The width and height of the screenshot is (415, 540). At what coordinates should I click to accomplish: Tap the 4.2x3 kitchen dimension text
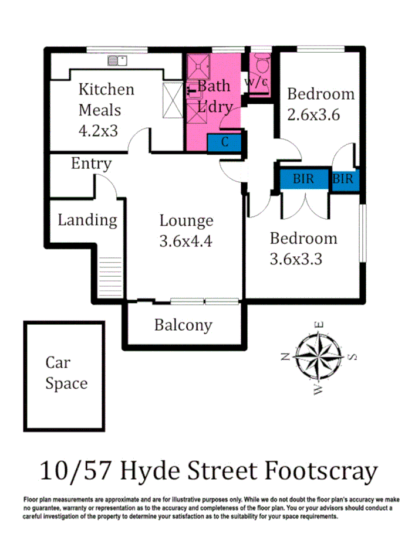click(x=99, y=130)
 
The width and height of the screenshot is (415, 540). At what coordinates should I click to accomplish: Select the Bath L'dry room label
click(x=215, y=97)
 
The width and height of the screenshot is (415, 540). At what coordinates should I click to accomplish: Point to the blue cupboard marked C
click(x=224, y=141)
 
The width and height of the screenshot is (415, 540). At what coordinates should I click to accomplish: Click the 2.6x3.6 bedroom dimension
click(x=313, y=114)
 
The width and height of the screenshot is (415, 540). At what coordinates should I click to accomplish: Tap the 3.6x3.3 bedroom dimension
click(x=296, y=259)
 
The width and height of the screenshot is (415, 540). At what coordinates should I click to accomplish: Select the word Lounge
click(x=186, y=220)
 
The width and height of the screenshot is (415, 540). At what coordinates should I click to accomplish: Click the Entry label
click(x=91, y=164)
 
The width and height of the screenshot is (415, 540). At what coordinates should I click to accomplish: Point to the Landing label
click(x=87, y=220)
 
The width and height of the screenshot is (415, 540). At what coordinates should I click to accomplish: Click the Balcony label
click(x=183, y=325)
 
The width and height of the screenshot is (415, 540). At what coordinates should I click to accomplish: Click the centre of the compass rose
click(x=318, y=355)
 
